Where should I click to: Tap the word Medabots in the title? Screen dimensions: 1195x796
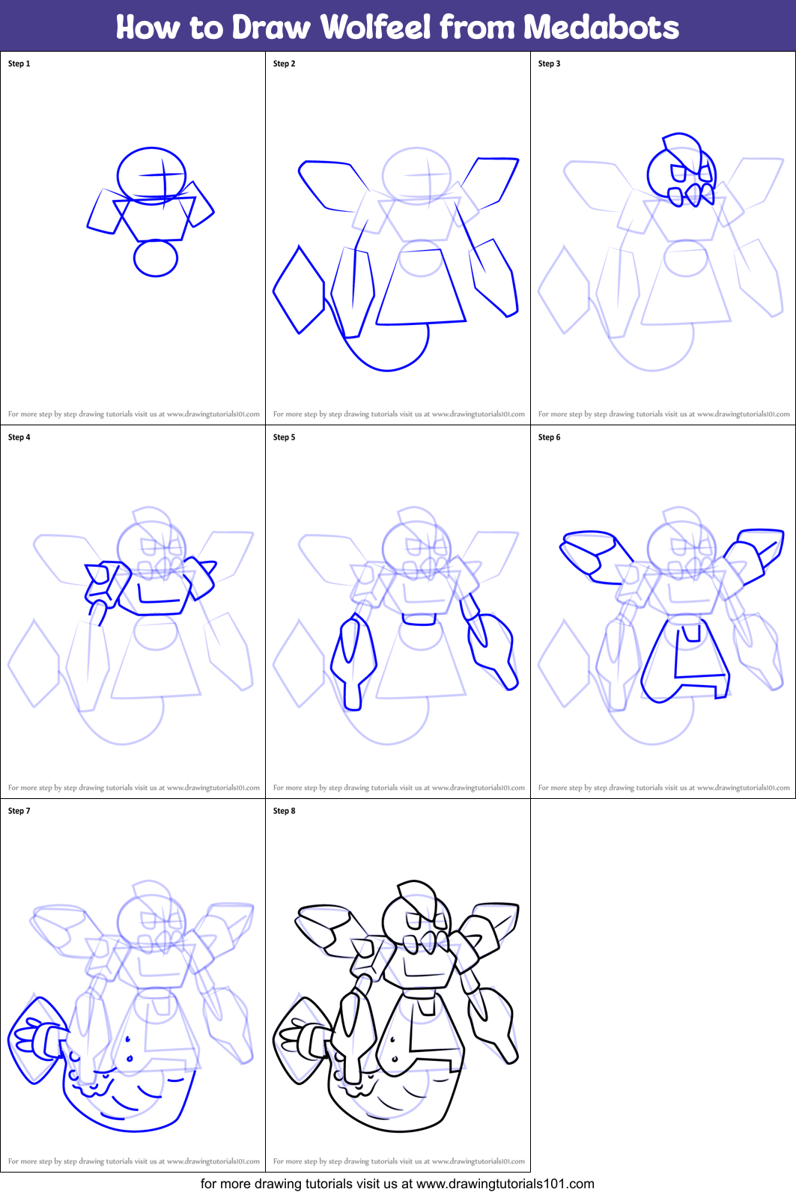click(601, 28)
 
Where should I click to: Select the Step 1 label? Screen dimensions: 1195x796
click(19, 64)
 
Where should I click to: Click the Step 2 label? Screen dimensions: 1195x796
click(285, 64)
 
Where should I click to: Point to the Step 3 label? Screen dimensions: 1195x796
click(550, 64)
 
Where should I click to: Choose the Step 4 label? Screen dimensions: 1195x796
click(19, 437)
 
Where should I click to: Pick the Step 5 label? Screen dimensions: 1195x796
click(285, 437)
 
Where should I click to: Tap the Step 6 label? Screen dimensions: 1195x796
click(550, 437)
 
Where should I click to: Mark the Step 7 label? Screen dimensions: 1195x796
click(19, 811)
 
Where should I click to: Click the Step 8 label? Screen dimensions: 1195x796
click(285, 811)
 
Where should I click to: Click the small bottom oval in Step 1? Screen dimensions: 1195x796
click(156, 258)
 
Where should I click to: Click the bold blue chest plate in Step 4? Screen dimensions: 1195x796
click(160, 595)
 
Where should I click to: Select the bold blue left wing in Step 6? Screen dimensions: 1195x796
click(592, 550)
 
